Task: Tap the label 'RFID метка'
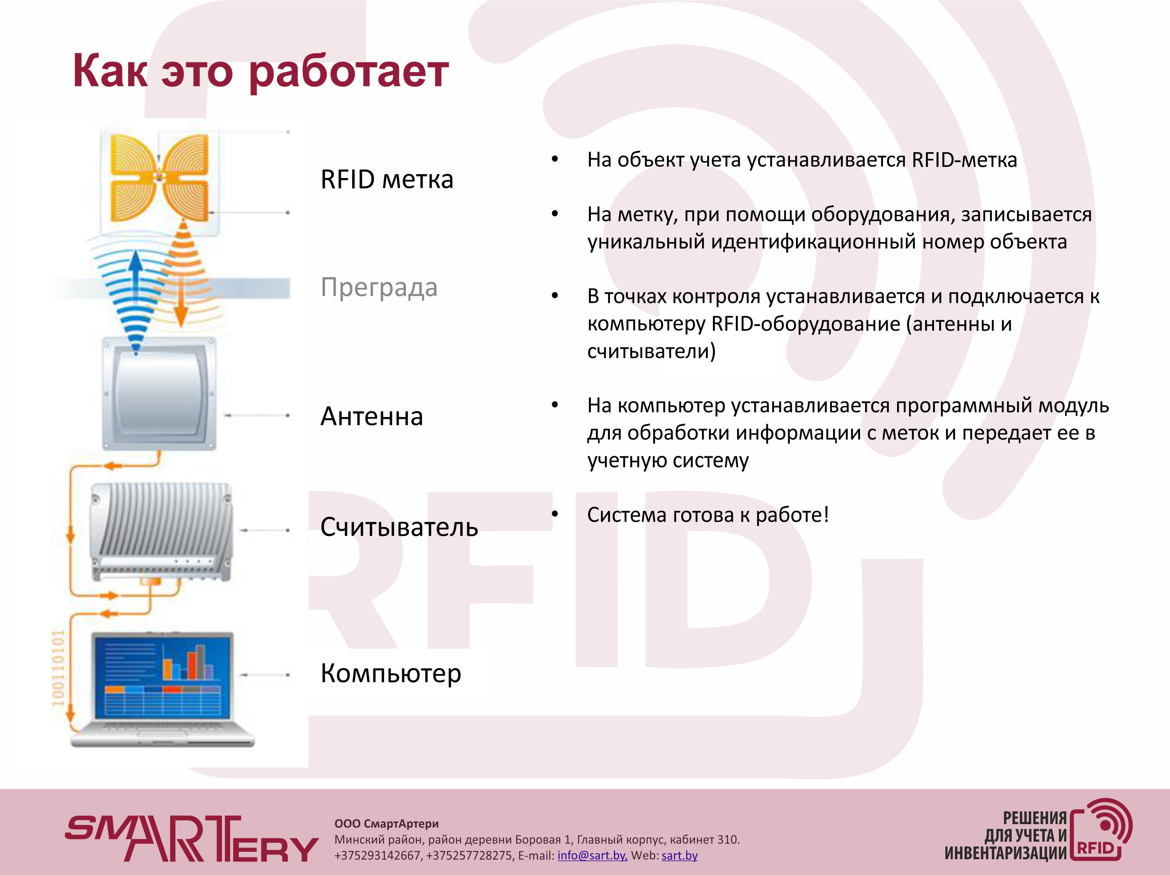coord(386,179)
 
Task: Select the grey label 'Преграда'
coord(379,288)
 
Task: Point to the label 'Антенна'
coord(371,416)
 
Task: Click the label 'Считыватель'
coord(399,527)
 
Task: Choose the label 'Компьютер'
coord(391,674)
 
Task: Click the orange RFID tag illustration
coord(159,178)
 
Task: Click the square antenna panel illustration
coord(159,394)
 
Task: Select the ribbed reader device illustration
coord(161,532)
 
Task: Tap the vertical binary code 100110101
coord(58,668)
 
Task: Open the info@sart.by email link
coord(592,855)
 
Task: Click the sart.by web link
coord(680,855)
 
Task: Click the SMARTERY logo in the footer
coord(191,839)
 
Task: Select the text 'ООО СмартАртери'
coord(386,824)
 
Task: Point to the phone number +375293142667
coord(378,855)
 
